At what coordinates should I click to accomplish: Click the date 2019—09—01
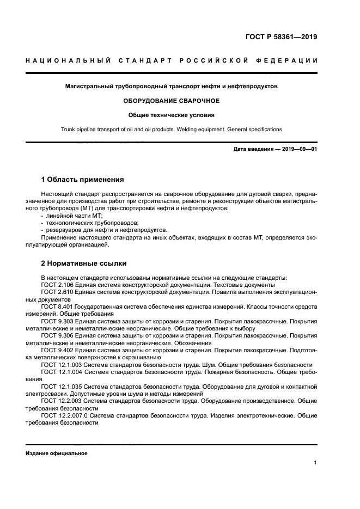299,149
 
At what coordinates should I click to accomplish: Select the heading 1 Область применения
83,180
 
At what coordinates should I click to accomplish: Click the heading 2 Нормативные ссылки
84,263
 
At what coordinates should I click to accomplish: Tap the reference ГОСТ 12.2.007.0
65,415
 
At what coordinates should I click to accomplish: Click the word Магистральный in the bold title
89,86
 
